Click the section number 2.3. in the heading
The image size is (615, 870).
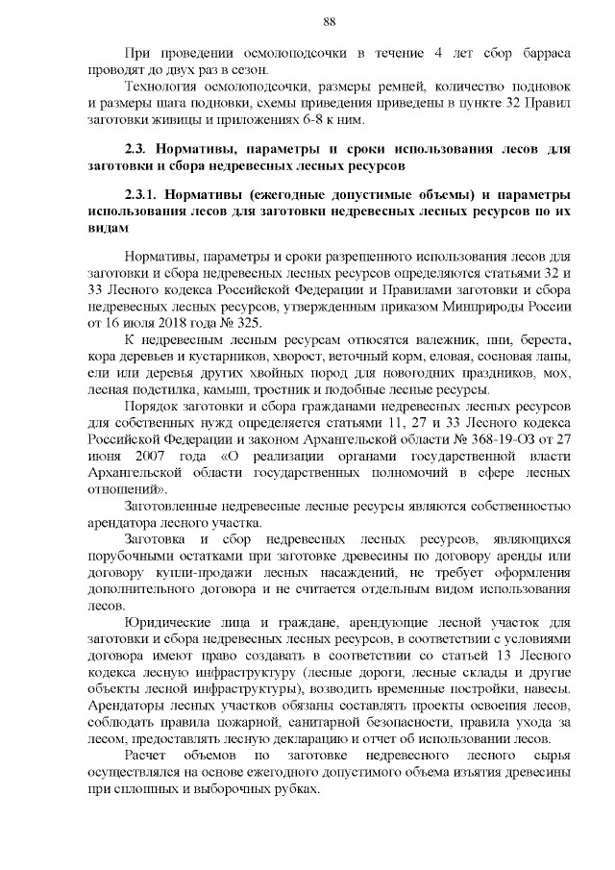pyautogui.click(x=141, y=151)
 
